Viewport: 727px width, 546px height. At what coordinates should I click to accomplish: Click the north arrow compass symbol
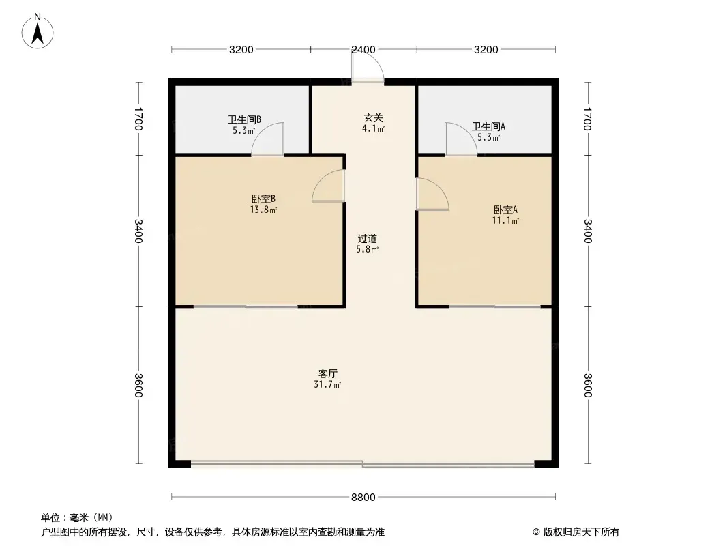point(38,31)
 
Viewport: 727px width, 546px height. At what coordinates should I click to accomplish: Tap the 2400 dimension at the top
point(363,50)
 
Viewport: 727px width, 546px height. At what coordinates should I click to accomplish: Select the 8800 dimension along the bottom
point(363,498)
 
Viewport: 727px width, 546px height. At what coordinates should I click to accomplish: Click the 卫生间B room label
point(244,119)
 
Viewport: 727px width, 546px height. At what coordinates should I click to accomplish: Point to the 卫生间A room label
point(489,126)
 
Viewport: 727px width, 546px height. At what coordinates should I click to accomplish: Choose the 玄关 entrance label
point(373,118)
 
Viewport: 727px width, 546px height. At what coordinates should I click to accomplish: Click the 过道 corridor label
point(367,238)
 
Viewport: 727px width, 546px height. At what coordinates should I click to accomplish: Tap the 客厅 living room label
point(328,373)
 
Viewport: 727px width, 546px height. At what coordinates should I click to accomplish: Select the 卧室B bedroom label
point(263,199)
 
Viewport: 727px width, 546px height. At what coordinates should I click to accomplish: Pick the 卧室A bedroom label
point(505,210)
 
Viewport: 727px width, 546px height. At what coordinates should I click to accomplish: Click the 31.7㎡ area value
point(327,384)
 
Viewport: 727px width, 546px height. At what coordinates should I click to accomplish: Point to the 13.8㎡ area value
point(263,210)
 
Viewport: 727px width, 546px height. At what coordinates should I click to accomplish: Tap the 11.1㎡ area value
point(505,221)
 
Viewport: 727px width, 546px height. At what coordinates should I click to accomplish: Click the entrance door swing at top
point(368,65)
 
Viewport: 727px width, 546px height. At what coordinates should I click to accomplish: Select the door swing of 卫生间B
point(267,139)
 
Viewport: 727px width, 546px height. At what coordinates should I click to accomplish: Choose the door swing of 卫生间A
point(461,139)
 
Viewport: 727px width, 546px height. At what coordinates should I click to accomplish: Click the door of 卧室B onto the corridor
point(329,186)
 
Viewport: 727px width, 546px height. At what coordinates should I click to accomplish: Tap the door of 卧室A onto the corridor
point(432,195)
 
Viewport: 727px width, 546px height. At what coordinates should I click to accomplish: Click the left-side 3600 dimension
point(138,385)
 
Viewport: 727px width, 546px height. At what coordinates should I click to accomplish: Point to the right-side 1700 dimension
point(588,119)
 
